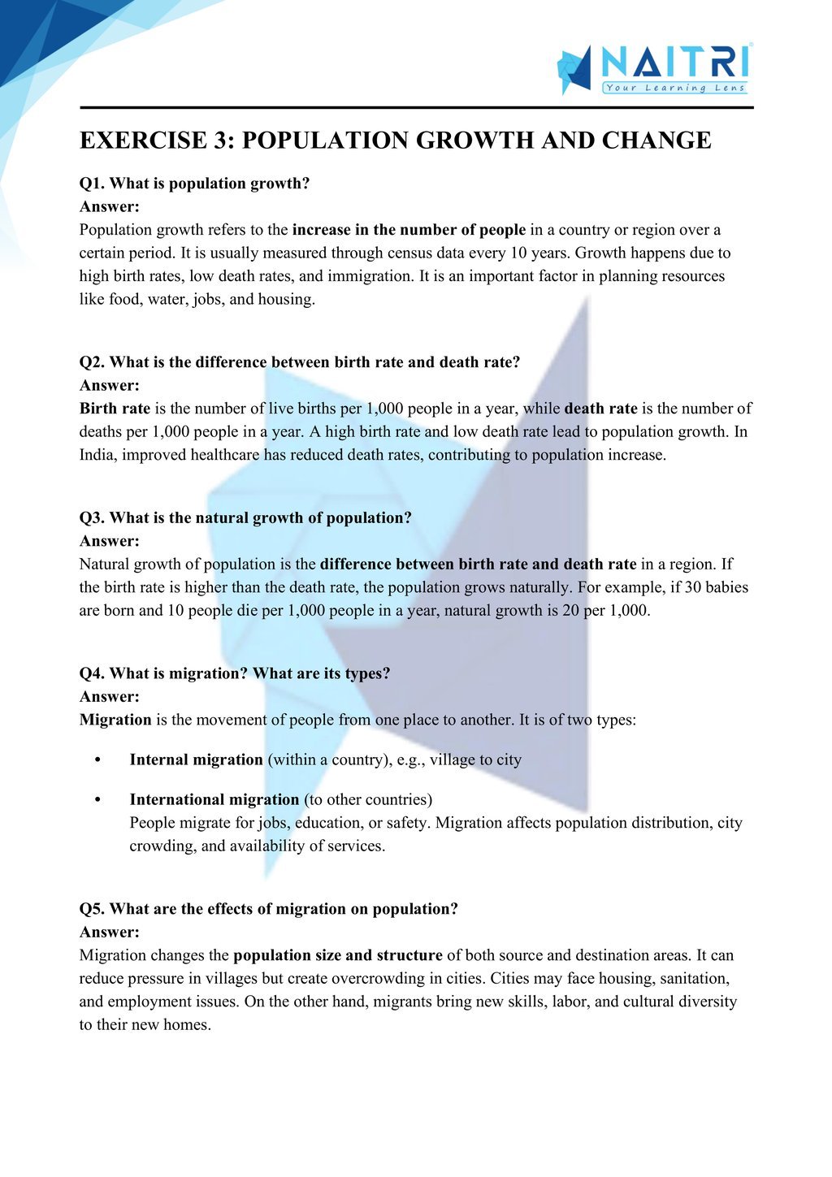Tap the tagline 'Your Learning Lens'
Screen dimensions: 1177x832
(675, 88)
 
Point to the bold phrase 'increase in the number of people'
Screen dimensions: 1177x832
(409, 230)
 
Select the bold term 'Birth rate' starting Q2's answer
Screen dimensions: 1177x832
(115, 409)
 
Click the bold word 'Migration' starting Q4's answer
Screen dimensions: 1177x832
(115, 720)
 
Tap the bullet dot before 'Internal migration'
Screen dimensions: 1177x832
(97, 760)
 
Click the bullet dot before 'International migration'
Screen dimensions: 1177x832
(97, 800)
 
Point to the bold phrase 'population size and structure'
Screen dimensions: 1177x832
(338, 956)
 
